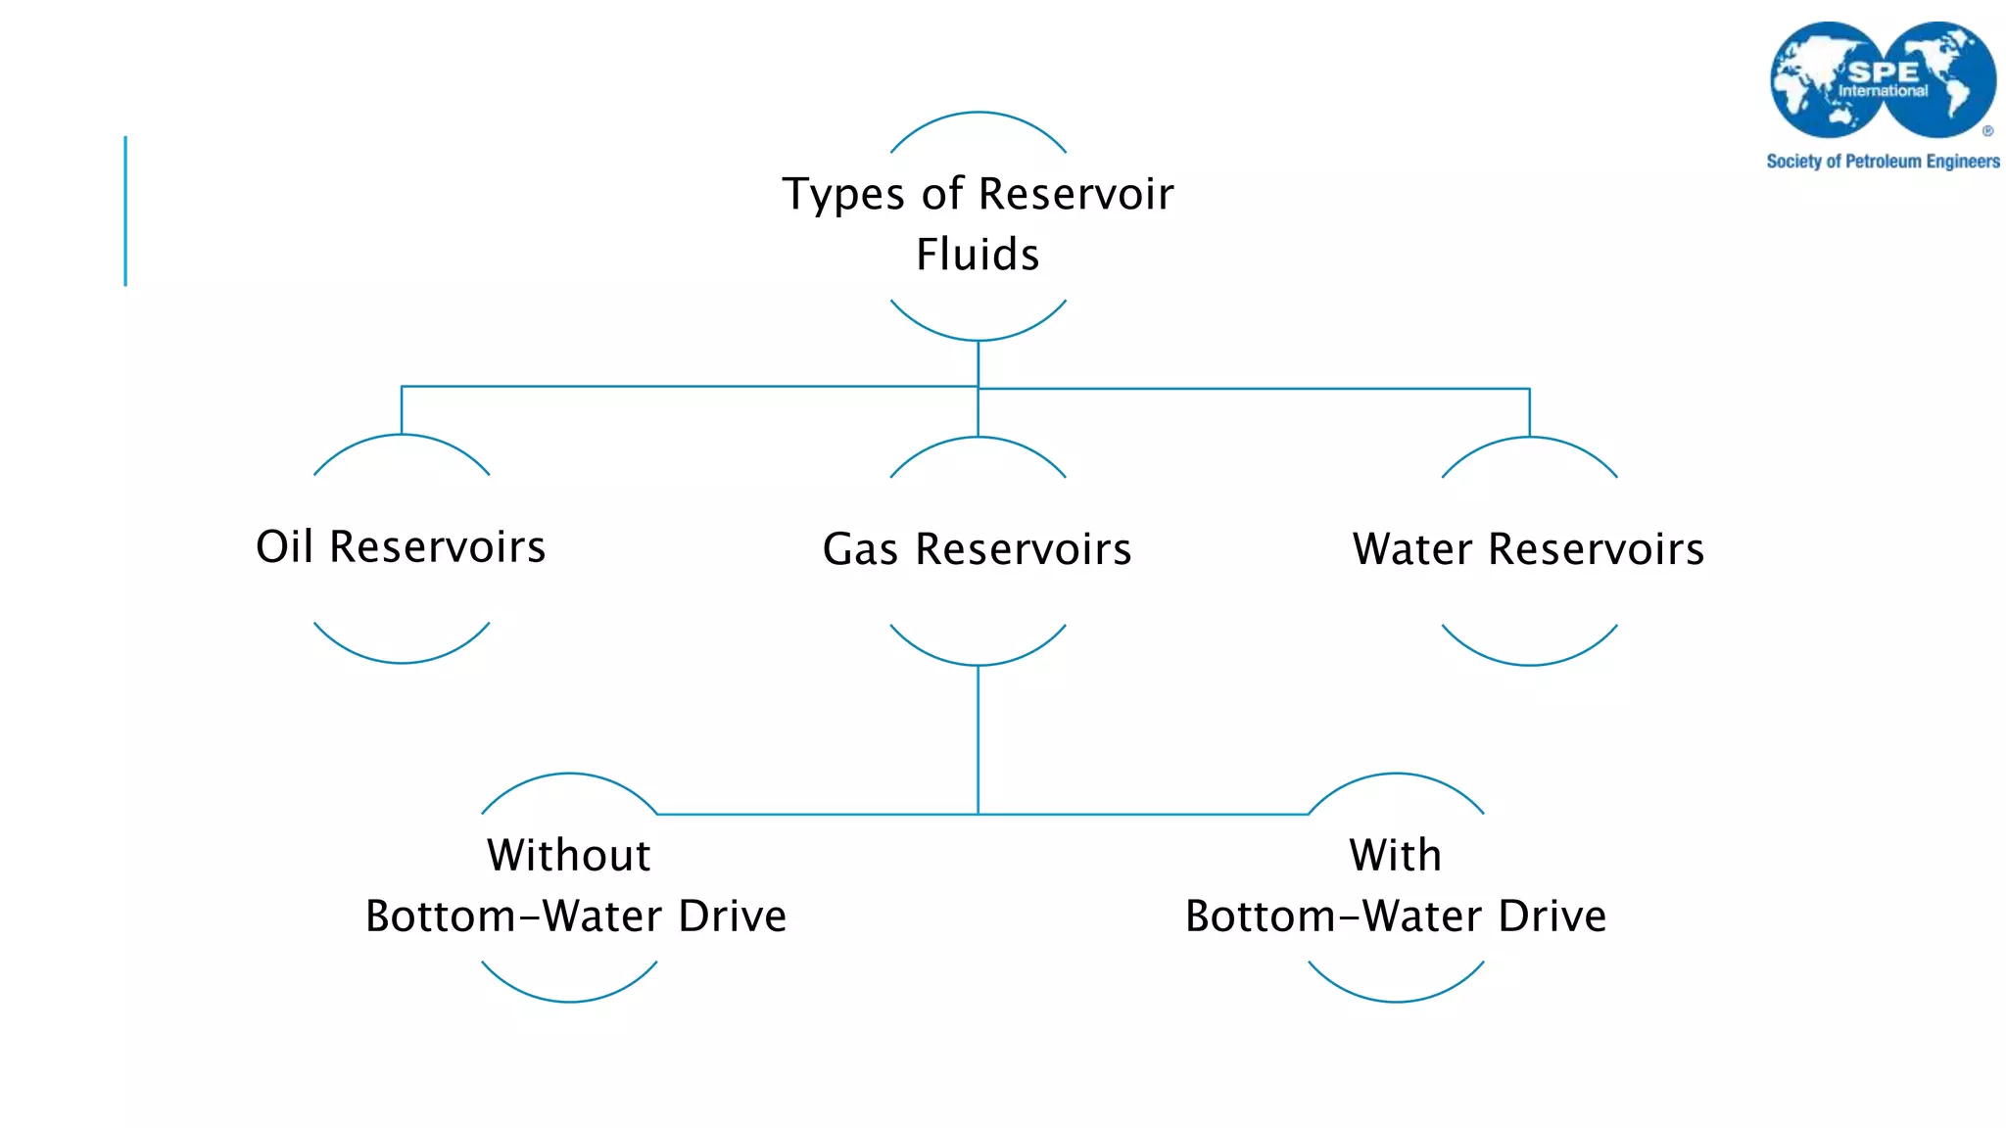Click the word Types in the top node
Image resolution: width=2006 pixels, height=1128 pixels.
click(843, 195)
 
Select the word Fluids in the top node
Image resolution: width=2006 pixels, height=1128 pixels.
click(978, 255)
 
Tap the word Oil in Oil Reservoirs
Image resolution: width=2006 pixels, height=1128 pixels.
click(284, 546)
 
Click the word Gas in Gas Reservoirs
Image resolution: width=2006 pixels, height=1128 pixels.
click(860, 549)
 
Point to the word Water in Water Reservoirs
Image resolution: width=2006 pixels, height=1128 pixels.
click(1411, 549)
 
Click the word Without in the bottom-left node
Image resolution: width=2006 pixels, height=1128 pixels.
click(568, 855)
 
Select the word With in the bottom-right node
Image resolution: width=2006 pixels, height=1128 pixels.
click(1395, 855)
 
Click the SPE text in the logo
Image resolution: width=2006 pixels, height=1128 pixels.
click(1882, 72)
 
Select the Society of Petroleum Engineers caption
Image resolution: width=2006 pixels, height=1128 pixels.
click(1883, 162)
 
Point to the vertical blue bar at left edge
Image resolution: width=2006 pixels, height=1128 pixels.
click(125, 211)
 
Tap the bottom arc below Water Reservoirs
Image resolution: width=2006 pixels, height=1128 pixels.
click(1529, 663)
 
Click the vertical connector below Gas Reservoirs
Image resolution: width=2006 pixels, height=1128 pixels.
click(978, 739)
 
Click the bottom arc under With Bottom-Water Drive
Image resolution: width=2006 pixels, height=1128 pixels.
click(1396, 1000)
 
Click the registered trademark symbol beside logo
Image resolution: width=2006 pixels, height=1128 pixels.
click(1987, 130)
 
